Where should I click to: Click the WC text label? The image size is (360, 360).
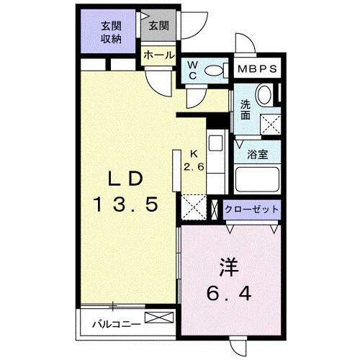pos(192,71)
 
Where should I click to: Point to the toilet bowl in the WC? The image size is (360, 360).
pos(214,71)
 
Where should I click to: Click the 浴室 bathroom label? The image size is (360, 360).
pos(257,153)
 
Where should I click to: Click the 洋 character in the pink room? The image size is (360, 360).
pos(228,266)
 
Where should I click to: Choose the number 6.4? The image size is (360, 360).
pos(228,294)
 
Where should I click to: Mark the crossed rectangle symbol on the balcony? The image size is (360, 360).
pos(160,318)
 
